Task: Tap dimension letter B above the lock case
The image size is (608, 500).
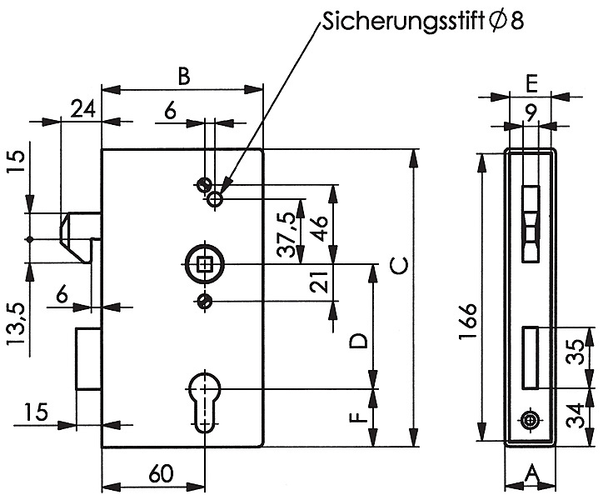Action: point(184,76)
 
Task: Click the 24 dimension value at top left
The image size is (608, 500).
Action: point(82,108)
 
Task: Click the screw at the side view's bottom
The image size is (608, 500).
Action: point(531,421)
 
